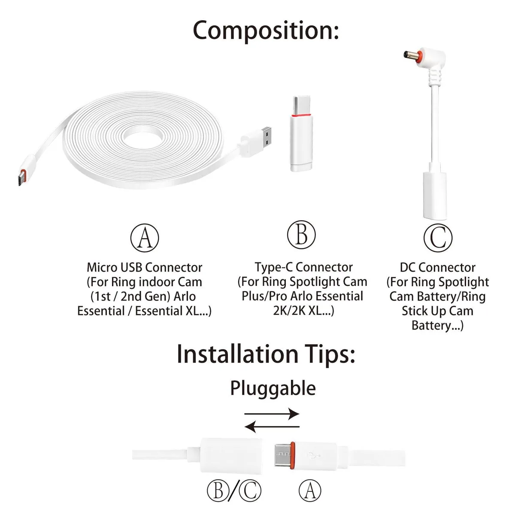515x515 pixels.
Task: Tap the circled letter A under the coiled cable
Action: pyautogui.click(x=145, y=238)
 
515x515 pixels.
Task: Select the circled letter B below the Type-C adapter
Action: pyautogui.click(x=301, y=235)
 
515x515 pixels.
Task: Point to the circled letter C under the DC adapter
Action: pyautogui.click(x=438, y=238)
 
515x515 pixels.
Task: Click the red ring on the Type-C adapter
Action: pyautogui.click(x=301, y=115)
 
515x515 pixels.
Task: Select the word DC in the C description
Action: pyautogui.click(x=408, y=267)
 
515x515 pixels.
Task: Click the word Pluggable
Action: pyautogui.click(x=273, y=389)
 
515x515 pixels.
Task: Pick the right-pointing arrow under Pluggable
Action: pyautogui.click(x=272, y=414)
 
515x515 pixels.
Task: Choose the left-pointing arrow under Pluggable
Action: pyautogui.click(x=272, y=427)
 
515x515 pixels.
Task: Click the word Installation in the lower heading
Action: pyautogui.click(x=238, y=354)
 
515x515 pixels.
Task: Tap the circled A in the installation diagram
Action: pyautogui.click(x=310, y=491)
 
